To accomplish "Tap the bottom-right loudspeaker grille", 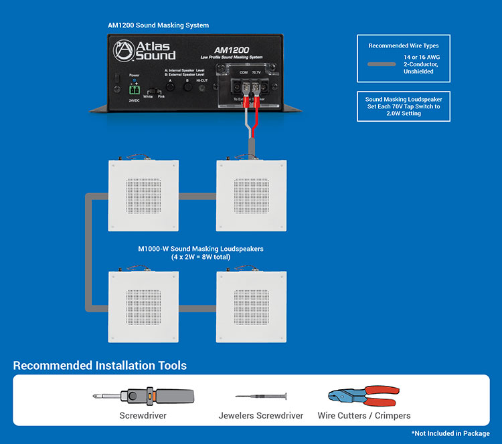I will tap(251, 307).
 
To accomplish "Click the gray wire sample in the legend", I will tap(383, 65).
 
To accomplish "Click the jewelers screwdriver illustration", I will tap(260, 397).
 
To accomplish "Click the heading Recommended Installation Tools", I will tap(100, 365).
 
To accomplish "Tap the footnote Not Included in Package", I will tap(450, 433).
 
